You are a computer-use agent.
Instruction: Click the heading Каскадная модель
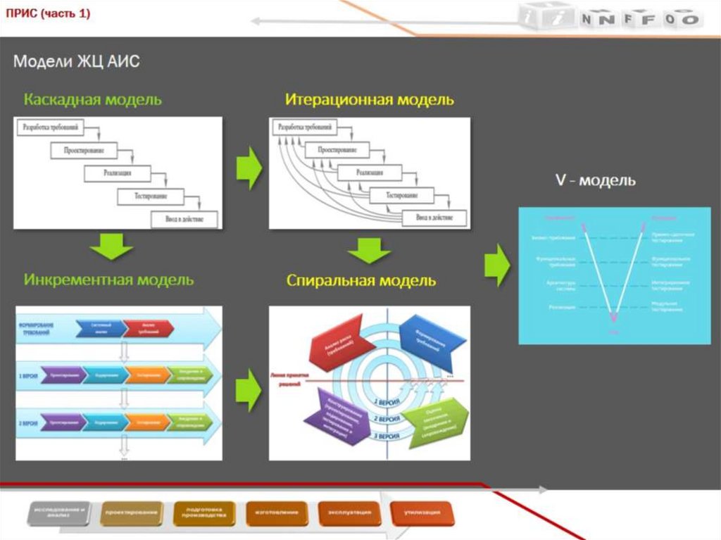click(92, 99)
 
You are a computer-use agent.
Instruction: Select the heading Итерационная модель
click(370, 99)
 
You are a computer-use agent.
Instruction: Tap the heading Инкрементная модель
click(108, 280)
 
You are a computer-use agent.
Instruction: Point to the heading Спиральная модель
click(361, 281)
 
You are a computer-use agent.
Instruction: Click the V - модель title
click(595, 180)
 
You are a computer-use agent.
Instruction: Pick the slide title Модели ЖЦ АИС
click(77, 62)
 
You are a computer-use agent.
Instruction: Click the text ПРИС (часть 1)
click(48, 14)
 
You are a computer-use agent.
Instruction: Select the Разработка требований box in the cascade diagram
click(54, 127)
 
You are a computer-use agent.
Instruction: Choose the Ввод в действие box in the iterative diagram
click(434, 218)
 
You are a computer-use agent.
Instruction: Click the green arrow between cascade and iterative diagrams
click(248, 168)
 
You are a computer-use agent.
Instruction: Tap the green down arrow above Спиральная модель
click(369, 250)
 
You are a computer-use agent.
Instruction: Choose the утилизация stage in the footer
click(422, 513)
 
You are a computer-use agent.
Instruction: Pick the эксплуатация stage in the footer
click(349, 513)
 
